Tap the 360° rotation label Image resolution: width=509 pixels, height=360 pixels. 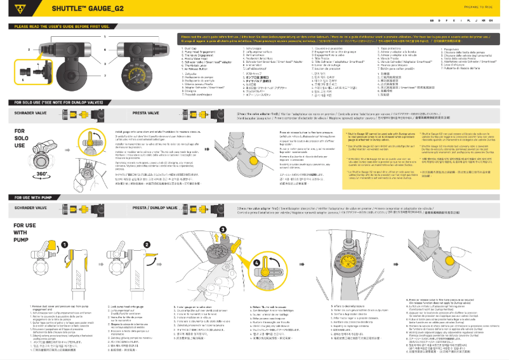25,173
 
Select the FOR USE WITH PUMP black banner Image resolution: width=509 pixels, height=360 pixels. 36,197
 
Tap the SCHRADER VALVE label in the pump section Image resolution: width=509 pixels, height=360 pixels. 32,208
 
